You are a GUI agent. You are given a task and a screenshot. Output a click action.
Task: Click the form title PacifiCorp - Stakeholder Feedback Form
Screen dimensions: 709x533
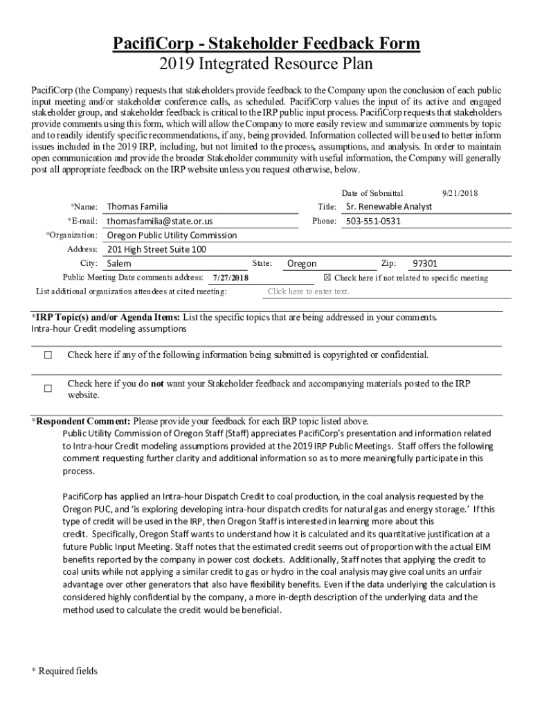(x=266, y=44)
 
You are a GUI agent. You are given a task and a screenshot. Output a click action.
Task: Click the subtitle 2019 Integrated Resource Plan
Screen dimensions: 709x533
(x=266, y=64)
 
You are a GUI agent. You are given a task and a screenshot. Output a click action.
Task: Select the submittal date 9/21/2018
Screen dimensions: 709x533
(x=460, y=193)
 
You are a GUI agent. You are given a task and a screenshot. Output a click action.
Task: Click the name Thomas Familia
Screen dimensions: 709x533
(x=137, y=206)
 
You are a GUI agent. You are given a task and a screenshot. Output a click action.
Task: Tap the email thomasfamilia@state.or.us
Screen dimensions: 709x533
(x=160, y=221)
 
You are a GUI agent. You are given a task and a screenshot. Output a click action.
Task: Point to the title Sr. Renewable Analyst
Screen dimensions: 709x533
(x=388, y=206)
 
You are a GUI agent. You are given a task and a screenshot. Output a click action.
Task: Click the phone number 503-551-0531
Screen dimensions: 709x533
(x=373, y=221)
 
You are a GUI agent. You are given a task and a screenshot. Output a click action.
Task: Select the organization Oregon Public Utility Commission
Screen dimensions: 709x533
(x=172, y=235)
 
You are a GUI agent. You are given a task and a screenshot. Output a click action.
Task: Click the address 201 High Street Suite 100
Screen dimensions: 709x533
(x=156, y=249)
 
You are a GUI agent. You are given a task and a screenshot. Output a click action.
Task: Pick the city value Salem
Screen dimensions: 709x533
(x=119, y=264)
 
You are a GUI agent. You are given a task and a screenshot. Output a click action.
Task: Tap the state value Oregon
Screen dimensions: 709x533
(x=302, y=264)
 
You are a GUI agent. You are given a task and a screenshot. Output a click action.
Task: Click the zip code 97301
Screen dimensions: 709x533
(x=424, y=264)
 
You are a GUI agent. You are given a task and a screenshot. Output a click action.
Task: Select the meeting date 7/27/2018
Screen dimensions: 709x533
(x=231, y=278)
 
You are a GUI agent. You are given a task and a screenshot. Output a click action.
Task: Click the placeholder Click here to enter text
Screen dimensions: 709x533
(x=308, y=291)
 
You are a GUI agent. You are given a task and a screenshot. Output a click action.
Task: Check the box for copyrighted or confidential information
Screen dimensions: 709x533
(x=48, y=355)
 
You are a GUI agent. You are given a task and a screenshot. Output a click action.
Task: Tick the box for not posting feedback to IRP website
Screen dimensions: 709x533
(x=48, y=388)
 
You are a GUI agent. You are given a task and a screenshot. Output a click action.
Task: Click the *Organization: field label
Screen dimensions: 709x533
(x=71, y=235)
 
